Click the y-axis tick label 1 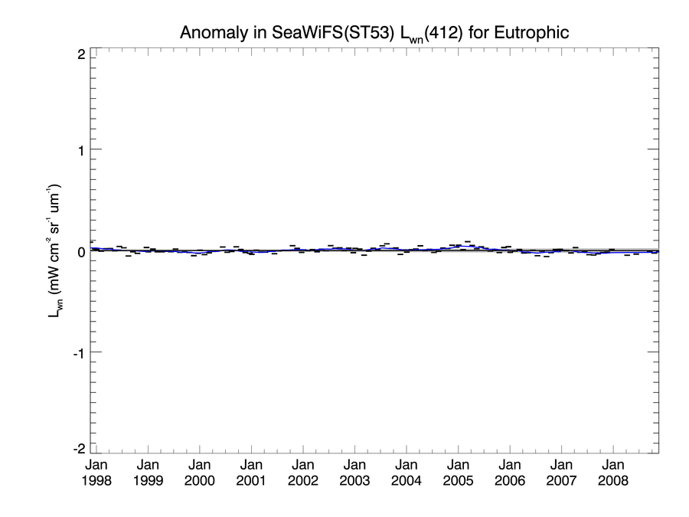click(x=79, y=149)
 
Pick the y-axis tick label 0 click(x=79, y=251)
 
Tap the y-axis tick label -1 click(x=77, y=352)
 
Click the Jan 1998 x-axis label click(x=96, y=473)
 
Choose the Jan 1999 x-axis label click(x=148, y=473)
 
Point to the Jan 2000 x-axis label click(x=200, y=473)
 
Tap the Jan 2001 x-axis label click(x=251, y=473)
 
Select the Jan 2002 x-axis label click(x=303, y=473)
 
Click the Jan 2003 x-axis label click(x=354, y=473)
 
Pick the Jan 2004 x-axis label click(x=407, y=473)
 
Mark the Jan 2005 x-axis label click(x=458, y=473)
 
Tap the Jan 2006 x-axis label click(x=510, y=473)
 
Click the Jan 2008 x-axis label click(x=613, y=473)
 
